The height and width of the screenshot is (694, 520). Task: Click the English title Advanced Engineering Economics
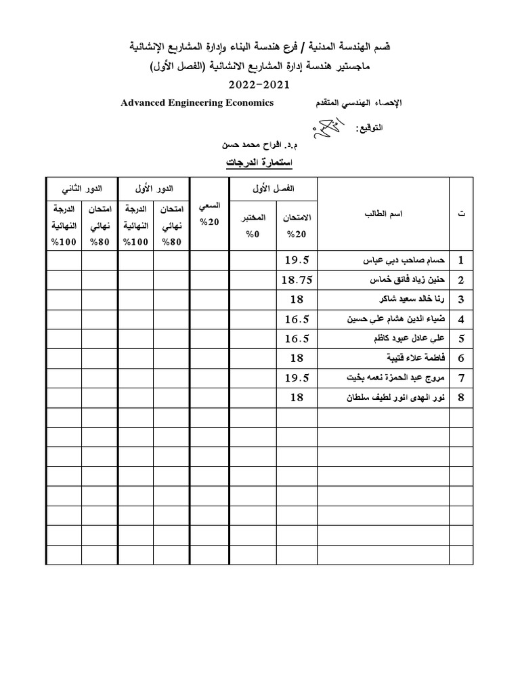[x=197, y=103]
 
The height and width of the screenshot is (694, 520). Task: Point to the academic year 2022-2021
[x=259, y=85]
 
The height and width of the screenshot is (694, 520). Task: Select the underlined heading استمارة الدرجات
[x=259, y=163]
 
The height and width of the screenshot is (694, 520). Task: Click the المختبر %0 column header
[x=253, y=226]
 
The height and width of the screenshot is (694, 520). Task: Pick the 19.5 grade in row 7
[x=297, y=377]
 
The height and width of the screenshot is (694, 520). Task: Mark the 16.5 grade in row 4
[x=297, y=319]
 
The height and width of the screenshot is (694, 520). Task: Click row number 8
[x=460, y=398]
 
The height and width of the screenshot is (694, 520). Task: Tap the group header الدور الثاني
[x=82, y=187]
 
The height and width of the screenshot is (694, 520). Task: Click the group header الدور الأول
[x=154, y=187]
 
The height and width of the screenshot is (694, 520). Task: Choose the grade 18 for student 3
[x=297, y=300]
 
